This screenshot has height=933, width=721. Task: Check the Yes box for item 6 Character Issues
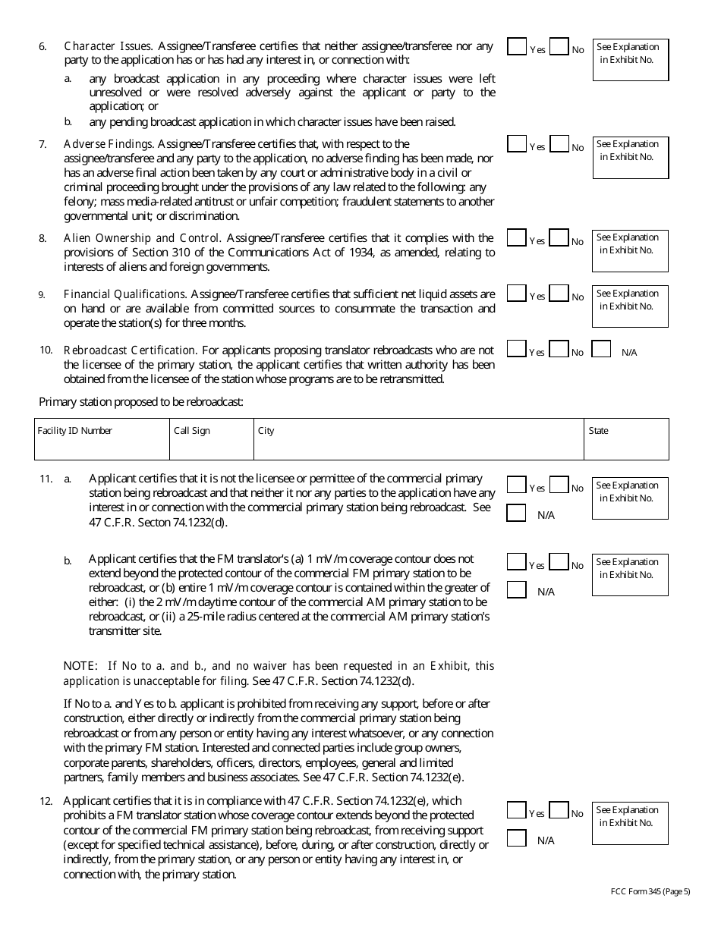(517, 47)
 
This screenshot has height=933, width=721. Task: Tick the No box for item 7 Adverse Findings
(559, 144)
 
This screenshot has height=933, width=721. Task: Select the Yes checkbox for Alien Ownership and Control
(517, 238)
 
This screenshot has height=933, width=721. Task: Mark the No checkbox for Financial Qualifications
(559, 294)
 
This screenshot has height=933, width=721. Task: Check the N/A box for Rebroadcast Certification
(601, 350)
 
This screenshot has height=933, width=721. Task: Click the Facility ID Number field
(102, 445)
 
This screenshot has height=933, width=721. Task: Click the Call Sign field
(211, 445)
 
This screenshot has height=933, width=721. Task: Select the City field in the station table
(418, 445)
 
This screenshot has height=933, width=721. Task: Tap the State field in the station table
(626, 445)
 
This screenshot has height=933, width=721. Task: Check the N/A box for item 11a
(517, 514)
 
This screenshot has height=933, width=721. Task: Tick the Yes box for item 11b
(517, 562)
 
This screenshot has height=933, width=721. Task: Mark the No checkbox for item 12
(559, 811)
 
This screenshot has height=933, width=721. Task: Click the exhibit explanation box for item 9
(630, 306)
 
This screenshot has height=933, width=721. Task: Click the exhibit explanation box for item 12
(630, 823)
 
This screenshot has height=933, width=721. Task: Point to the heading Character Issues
(108, 46)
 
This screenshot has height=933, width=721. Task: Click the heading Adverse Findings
(109, 143)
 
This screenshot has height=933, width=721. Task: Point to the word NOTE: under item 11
(80, 666)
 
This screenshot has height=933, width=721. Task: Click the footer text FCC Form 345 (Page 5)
(650, 891)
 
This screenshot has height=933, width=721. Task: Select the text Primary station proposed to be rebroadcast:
(141, 402)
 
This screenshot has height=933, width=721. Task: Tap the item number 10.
(46, 350)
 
